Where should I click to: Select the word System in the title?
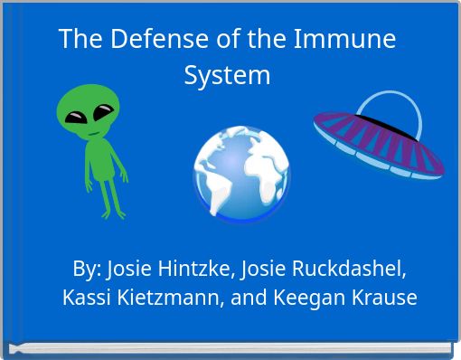click(x=227, y=74)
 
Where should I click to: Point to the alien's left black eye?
click(x=73, y=115)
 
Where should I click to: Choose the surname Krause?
click(x=386, y=297)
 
